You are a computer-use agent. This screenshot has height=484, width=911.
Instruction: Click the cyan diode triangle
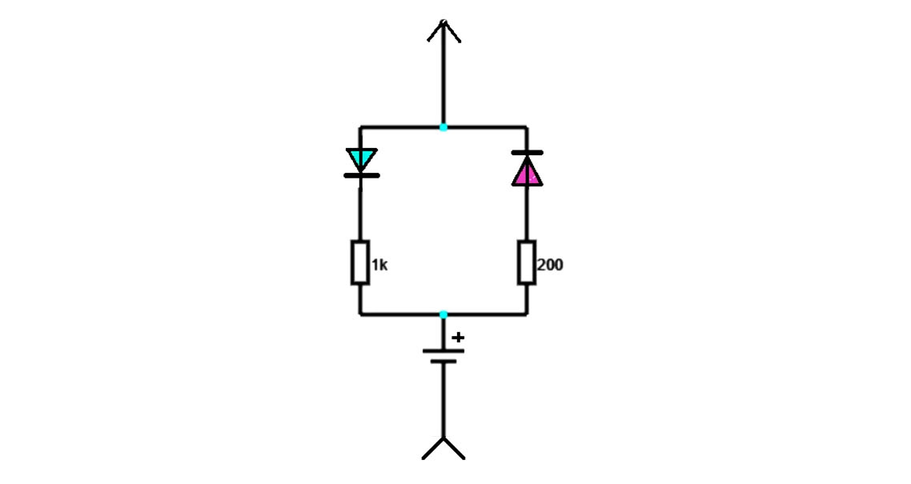(x=361, y=158)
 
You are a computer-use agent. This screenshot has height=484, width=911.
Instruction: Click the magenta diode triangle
(x=526, y=172)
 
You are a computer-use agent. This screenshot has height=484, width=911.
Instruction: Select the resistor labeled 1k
(x=359, y=262)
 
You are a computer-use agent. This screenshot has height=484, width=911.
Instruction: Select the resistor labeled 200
(x=526, y=262)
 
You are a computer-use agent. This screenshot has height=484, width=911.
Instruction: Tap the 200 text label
(x=550, y=265)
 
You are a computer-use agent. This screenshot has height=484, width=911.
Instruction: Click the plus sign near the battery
(x=457, y=338)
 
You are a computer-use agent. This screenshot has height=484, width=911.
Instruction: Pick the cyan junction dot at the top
(x=443, y=127)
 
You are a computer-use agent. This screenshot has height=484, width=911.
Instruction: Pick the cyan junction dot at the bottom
(x=443, y=314)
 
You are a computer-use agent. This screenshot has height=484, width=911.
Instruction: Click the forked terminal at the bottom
(x=443, y=447)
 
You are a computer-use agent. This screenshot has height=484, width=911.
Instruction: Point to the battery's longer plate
(x=443, y=350)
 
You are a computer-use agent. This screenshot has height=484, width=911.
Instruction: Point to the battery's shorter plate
(x=443, y=362)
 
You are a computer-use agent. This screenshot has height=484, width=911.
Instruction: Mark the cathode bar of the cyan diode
(x=361, y=174)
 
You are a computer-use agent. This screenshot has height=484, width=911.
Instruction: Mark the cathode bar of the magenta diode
(x=526, y=152)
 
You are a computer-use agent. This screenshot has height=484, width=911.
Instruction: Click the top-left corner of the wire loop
(x=359, y=127)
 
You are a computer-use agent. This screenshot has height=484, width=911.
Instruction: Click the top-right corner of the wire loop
(x=526, y=127)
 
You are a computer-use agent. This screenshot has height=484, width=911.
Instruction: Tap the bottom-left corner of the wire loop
(x=359, y=314)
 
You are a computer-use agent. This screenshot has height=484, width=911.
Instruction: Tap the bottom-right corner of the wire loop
(x=526, y=314)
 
